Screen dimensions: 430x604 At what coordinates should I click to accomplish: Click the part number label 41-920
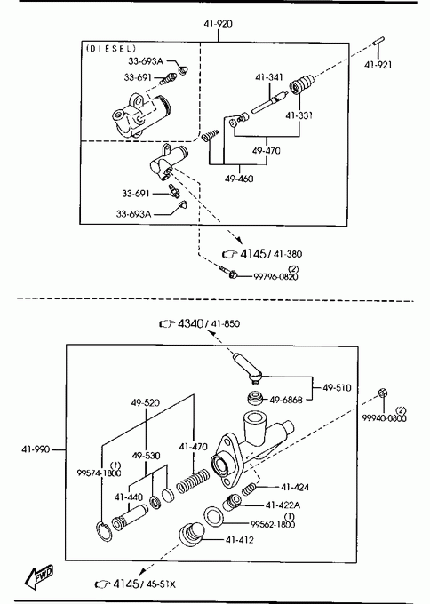[x=218, y=24]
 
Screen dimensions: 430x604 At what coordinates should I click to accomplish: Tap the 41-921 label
[x=378, y=65]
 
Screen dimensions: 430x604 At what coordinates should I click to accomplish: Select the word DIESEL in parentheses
[x=111, y=49]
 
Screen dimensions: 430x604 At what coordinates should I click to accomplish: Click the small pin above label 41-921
[x=378, y=41]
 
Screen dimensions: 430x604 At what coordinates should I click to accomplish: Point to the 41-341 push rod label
[x=269, y=77]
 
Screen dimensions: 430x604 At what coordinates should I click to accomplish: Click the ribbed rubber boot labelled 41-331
[x=301, y=83]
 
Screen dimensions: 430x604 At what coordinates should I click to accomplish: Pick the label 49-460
[x=239, y=179]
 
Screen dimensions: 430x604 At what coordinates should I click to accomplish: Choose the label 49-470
[x=267, y=151]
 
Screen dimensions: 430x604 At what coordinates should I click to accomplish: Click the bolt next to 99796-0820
[x=228, y=273]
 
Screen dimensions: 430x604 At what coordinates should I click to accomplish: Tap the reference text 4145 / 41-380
[x=271, y=254]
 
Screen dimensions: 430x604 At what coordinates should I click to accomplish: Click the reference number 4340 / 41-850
[x=209, y=323]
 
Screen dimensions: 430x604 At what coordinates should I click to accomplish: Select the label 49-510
[x=337, y=388]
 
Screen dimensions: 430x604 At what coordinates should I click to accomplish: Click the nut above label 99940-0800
[x=383, y=393]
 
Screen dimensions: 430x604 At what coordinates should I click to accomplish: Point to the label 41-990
[x=36, y=449]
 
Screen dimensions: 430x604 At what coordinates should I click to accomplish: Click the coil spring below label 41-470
[x=193, y=481]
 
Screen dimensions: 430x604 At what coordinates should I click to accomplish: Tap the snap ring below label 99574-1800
[x=103, y=531]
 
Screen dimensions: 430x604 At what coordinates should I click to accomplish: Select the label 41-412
[x=240, y=540]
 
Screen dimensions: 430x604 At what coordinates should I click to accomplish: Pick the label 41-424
[x=295, y=488]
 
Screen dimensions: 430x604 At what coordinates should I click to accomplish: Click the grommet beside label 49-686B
[x=256, y=398]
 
